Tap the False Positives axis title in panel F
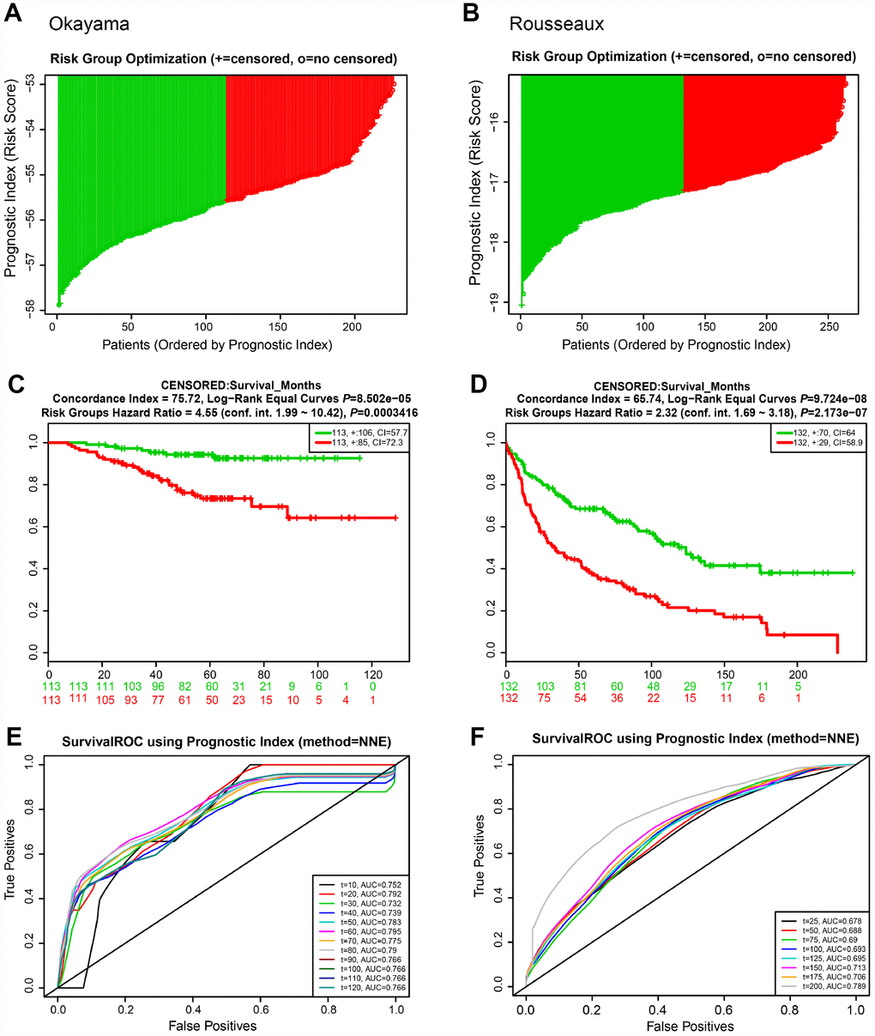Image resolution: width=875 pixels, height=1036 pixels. coord(691,1026)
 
